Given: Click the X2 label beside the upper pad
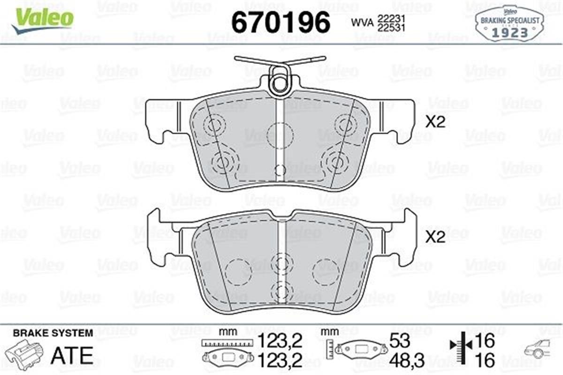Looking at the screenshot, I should click(x=434, y=122).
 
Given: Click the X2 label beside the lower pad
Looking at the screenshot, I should click(x=434, y=238).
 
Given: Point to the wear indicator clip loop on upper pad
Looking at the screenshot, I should click(x=280, y=82).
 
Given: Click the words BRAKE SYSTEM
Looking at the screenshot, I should click(x=53, y=333).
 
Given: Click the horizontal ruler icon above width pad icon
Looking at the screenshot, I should click(x=224, y=343).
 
